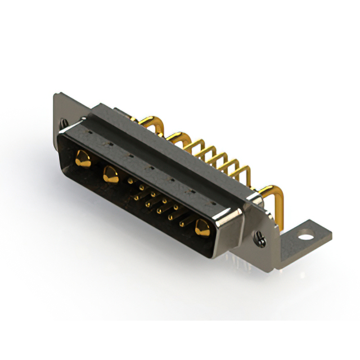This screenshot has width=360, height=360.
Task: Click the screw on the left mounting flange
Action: coord(65,122)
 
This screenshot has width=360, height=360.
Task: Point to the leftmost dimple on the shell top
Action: coord(90,134)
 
